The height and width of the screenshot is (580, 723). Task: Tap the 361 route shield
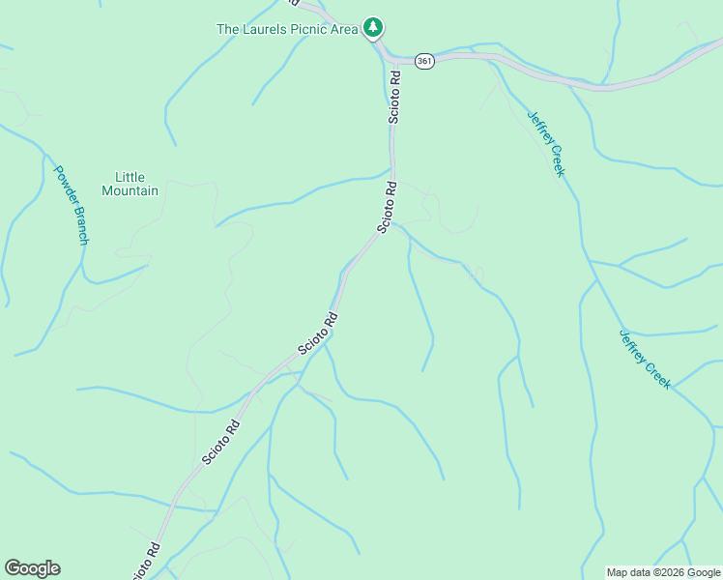424,60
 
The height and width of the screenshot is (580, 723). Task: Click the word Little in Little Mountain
130,177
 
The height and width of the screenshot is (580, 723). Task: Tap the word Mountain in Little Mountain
130,190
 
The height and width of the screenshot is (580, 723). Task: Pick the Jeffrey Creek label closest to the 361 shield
545,143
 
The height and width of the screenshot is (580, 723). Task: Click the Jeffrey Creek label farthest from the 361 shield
645,359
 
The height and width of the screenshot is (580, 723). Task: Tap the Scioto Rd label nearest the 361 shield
394,95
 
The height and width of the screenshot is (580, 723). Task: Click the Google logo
32,568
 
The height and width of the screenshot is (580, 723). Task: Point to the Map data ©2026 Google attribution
663,572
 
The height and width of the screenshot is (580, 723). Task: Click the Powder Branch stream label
71,204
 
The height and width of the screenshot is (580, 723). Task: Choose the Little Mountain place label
130,184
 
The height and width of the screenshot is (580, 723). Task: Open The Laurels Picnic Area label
287,29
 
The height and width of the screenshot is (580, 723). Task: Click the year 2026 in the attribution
672,572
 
